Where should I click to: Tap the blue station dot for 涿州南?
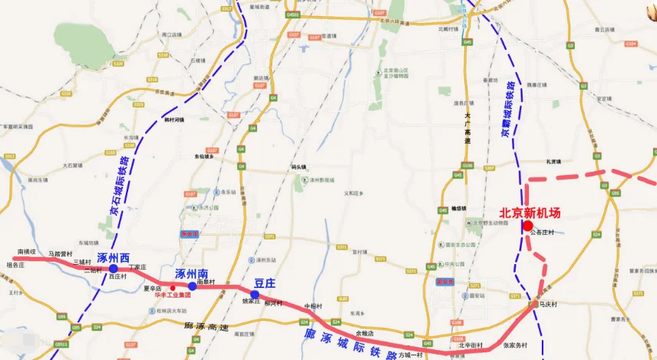coord(193,286)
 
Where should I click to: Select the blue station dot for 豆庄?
coord(255,294)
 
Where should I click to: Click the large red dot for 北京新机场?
coord(527,225)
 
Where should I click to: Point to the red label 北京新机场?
coord(530,213)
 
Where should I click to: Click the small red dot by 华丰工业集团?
coord(172,288)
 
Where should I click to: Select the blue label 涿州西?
coord(114,256)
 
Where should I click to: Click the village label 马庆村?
coord(546,304)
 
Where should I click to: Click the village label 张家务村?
coord(515,345)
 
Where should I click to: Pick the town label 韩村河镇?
coord(174,120)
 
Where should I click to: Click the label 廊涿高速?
coord(206,326)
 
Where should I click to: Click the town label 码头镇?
coord(299,167)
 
